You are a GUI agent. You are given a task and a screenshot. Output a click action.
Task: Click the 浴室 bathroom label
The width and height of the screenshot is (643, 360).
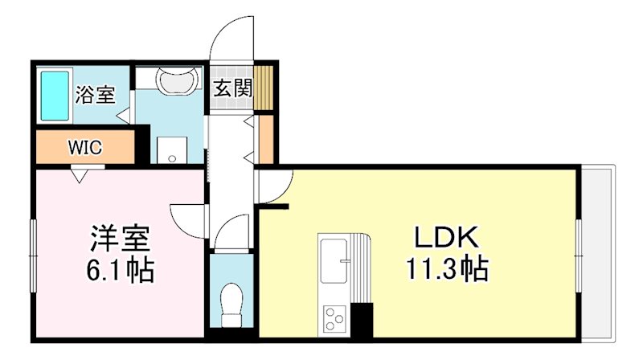click(94, 95)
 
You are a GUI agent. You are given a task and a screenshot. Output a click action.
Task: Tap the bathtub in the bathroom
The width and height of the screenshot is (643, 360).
click(55, 96)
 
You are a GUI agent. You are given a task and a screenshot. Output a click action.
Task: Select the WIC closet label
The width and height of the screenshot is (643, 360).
click(84, 148)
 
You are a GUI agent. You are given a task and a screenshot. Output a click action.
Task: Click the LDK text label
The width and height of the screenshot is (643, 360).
click(446, 237)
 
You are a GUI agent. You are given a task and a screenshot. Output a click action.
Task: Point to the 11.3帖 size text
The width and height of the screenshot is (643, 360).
click(446, 269)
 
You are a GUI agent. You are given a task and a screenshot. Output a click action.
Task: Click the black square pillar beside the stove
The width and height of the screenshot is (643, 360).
click(363, 321)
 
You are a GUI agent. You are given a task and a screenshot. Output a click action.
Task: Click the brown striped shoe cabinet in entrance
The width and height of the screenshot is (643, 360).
click(265, 86)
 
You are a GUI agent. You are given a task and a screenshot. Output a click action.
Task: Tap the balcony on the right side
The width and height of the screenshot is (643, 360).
click(598, 251)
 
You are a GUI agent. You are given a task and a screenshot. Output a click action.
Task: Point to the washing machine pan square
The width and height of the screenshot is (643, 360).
click(171, 149)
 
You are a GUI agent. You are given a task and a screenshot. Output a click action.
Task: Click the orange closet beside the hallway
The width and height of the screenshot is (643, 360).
click(265, 138)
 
